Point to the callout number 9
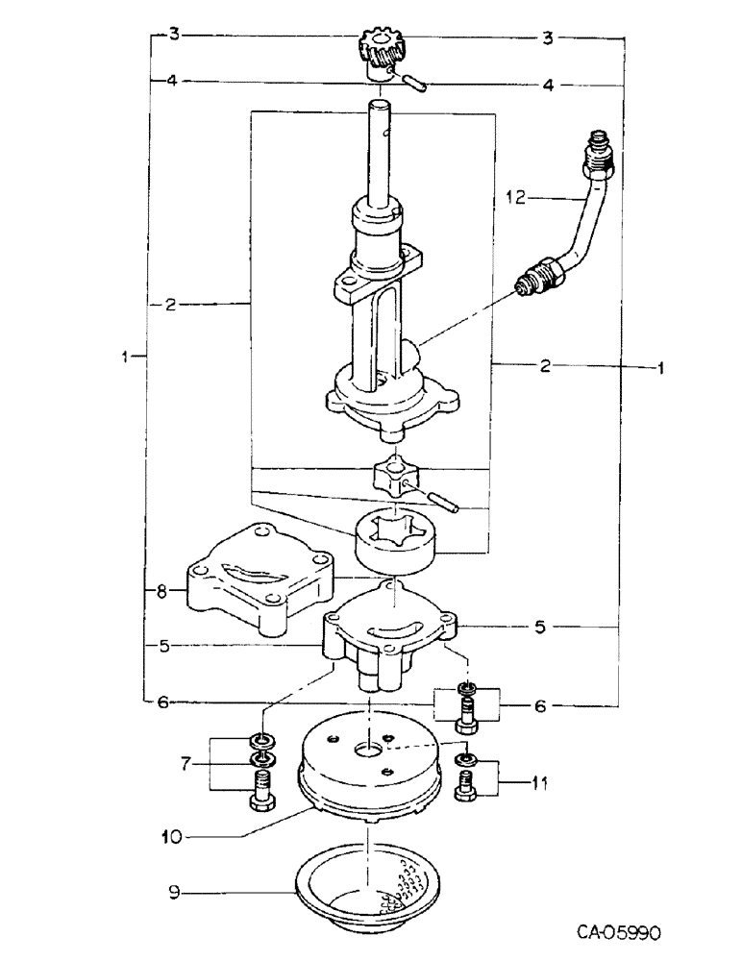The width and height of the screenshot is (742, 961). coord(173,895)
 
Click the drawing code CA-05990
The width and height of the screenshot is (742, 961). coord(620,933)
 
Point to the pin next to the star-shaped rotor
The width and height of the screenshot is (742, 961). coord(448,503)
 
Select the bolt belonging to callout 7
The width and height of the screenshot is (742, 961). coord(261,797)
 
